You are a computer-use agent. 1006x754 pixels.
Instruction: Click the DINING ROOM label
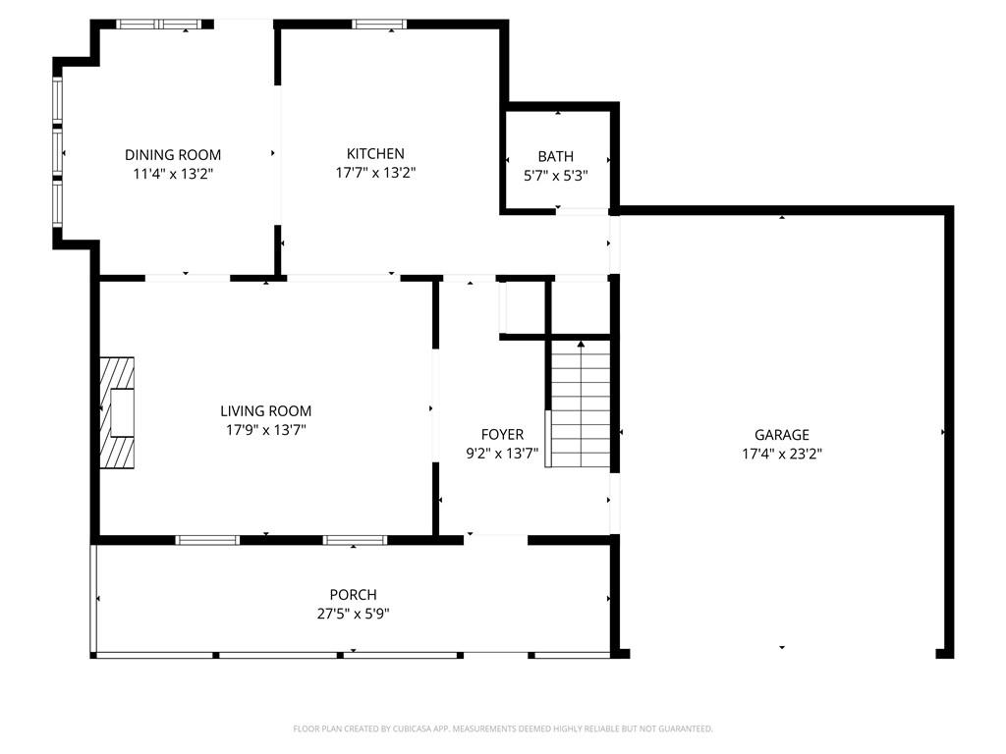pos(173,154)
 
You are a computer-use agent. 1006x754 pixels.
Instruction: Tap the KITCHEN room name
pos(375,154)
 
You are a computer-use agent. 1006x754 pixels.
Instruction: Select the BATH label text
pos(556,156)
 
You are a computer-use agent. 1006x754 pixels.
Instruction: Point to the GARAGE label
pos(781,435)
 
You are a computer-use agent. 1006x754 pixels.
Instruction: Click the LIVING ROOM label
pos(265,411)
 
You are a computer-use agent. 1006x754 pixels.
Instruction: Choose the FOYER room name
pos(502,435)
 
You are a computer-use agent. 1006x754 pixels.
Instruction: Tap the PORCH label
pos(353,594)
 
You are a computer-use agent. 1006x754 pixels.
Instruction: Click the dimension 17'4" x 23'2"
pos(782,454)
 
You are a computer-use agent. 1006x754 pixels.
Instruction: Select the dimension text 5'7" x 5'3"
pos(556,176)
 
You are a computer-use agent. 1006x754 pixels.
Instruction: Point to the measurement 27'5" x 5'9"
pos(353,614)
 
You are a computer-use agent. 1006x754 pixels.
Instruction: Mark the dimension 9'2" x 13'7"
pos(502,454)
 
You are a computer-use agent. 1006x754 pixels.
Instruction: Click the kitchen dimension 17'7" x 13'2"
pos(375,173)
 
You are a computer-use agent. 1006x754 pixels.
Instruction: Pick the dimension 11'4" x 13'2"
pos(173,174)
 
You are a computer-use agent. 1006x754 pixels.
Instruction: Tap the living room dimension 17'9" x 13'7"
pos(265,430)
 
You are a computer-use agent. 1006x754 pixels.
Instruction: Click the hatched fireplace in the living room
pos(118,412)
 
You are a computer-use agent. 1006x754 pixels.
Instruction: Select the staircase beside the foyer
pos(580,404)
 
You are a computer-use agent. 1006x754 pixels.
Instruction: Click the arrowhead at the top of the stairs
pos(581,345)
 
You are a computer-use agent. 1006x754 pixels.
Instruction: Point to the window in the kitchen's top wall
pos(379,25)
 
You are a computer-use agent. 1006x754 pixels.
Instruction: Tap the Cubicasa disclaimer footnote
pos(503,729)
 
